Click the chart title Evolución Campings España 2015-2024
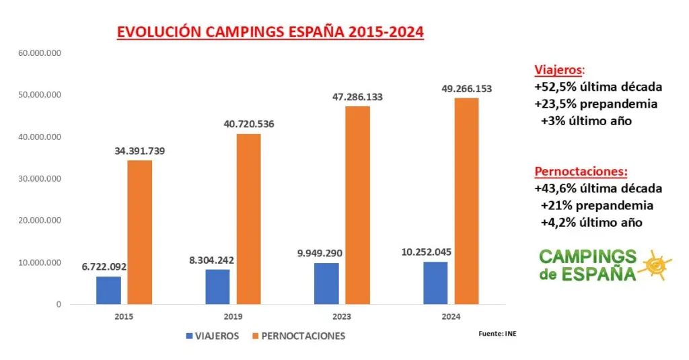click(270, 32)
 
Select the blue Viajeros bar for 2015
click(108, 290)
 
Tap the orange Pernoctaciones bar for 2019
click(248, 219)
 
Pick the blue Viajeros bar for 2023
click(326, 283)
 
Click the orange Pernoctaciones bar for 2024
click(466, 201)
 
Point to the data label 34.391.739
click(139, 151)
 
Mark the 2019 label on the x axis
click(233, 316)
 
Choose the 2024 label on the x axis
click(451, 316)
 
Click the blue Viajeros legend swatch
click(189, 336)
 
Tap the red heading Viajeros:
click(559, 70)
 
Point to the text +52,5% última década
click(598, 87)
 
